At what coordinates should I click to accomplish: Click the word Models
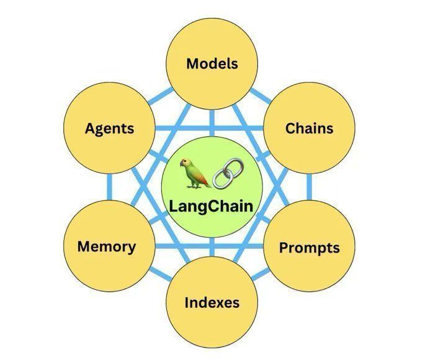tap(212, 63)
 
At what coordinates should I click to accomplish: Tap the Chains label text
tap(309, 128)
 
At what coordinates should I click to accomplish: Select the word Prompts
tap(309, 248)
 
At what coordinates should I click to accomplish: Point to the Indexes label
tap(212, 303)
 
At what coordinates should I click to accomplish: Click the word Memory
tap(107, 246)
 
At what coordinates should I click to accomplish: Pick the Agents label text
tap(109, 128)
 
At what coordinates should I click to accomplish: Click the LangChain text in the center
tap(212, 205)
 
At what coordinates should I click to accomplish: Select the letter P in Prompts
tap(283, 248)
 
